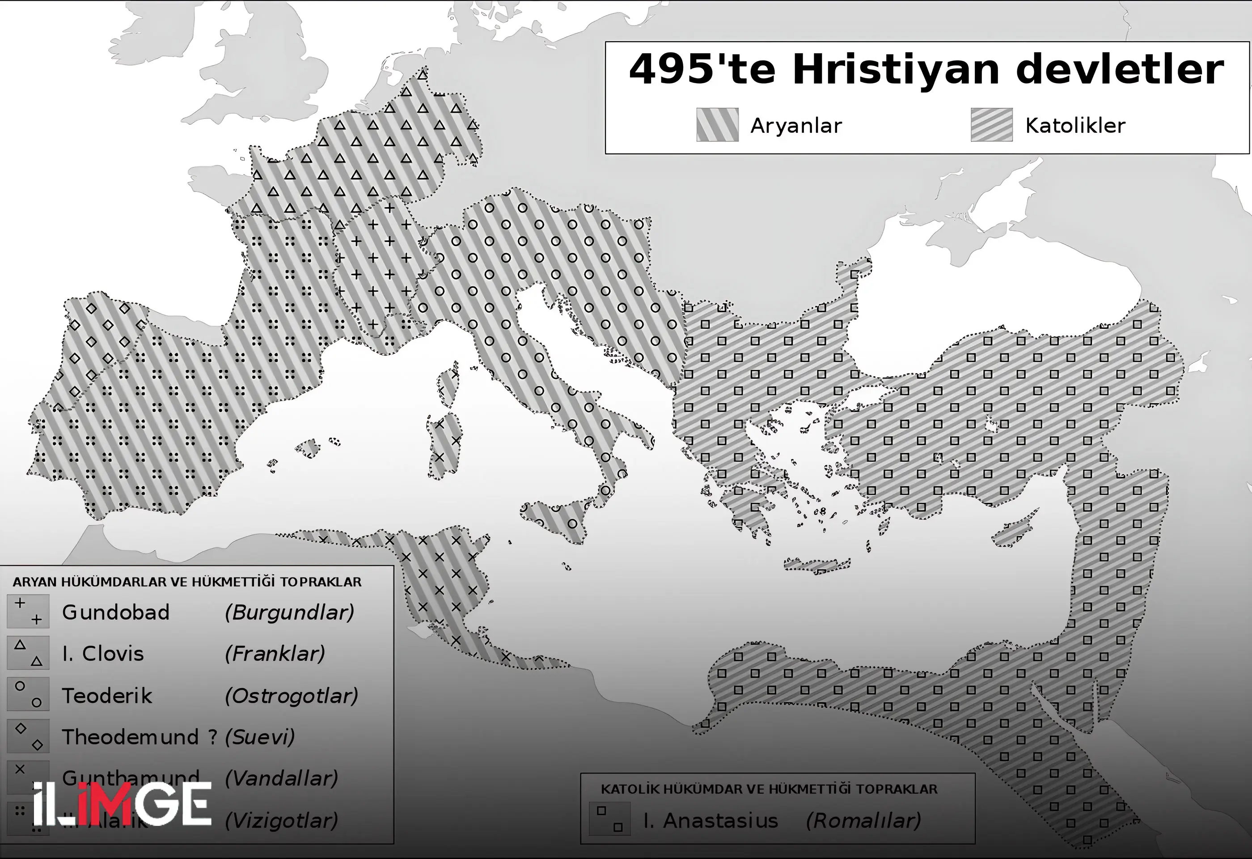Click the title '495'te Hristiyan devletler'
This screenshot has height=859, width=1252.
point(926,70)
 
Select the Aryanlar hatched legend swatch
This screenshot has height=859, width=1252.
point(717,124)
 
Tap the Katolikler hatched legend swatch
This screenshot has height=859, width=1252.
point(991,124)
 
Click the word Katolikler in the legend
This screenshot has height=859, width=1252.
point(1075,126)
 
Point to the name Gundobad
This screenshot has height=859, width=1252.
point(116,612)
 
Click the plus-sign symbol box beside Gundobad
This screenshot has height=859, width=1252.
point(28,611)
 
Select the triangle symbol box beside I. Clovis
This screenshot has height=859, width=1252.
point(28,653)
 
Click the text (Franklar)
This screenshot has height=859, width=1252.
point(275,654)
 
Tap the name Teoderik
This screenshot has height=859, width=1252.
point(107,695)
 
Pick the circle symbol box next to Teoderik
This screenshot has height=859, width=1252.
point(28,694)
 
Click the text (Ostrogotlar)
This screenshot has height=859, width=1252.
point(291,696)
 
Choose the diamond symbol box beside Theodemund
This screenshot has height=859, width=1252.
point(28,736)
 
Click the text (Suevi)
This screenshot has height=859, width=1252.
point(260,737)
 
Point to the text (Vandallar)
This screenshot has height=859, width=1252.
point(281,778)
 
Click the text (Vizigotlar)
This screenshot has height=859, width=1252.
point(281,820)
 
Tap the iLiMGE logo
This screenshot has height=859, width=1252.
point(122,804)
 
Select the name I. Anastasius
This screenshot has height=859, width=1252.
point(711,820)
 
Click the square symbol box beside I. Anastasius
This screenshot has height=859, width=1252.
point(609,819)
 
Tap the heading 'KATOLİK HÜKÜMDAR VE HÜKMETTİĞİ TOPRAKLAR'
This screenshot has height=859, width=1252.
point(769,789)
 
